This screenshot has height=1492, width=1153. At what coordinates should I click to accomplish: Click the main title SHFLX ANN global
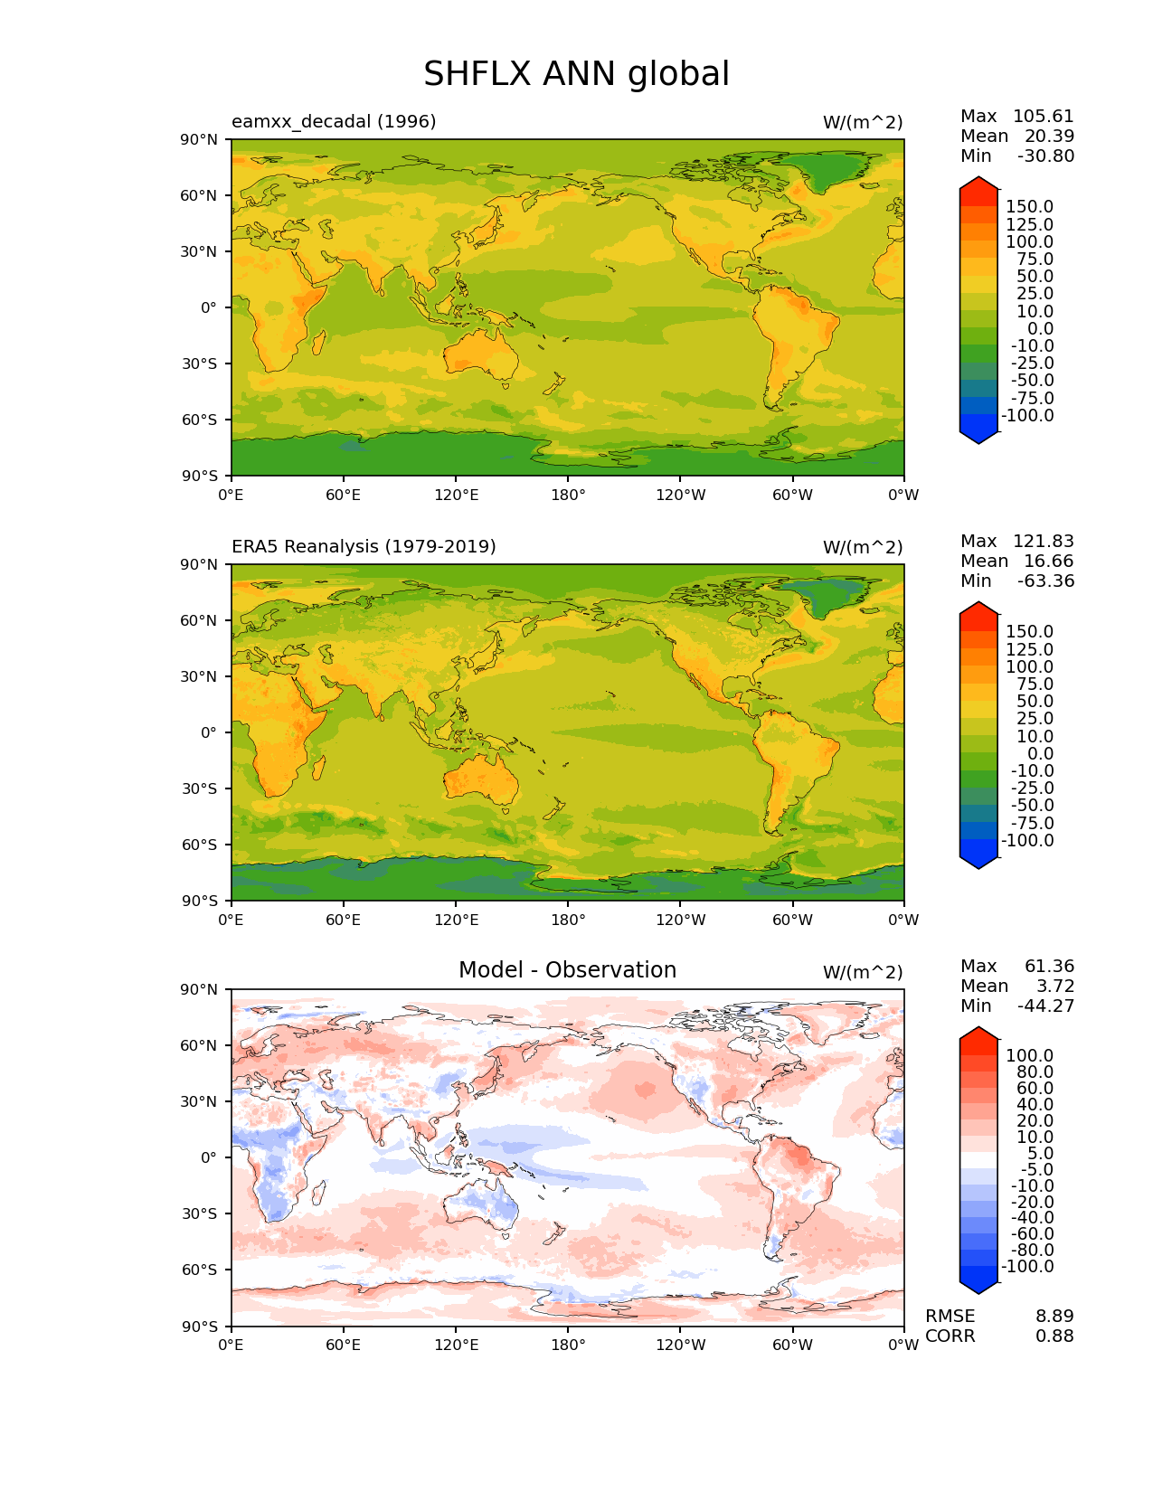coord(576,74)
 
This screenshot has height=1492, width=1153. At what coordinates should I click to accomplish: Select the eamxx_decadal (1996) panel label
coord(334,121)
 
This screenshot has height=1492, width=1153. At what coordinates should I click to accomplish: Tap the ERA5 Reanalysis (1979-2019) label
coord(364,546)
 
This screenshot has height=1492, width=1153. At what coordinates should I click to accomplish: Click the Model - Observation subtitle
coord(567,970)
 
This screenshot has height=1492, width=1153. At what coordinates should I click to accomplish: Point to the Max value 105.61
coord(1043,117)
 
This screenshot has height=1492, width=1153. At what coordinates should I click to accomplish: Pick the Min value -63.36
coord(1045,581)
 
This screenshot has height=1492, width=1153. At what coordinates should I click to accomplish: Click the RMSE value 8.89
coord(1054,1317)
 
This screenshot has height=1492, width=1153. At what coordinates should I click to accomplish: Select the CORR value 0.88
coord(1054,1336)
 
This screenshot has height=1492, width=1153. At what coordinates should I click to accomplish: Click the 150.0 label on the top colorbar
coord(1029,207)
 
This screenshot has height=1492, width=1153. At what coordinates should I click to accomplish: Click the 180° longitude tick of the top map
coord(568,495)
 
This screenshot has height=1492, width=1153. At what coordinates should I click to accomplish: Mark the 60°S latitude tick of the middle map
coord(200,845)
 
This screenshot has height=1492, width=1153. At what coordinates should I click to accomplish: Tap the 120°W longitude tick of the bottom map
coord(680,1345)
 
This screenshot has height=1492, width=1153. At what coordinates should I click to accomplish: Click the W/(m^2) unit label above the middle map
coord(862,547)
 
